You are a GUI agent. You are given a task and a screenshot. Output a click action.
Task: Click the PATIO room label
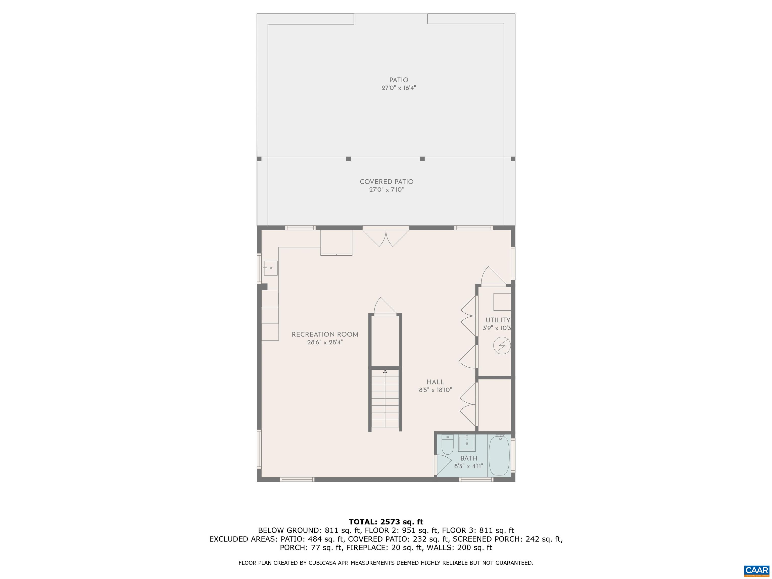tap(399, 80)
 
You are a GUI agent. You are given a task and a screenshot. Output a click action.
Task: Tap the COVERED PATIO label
tap(386, 182)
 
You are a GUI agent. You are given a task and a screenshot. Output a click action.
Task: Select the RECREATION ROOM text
tap(325, 334)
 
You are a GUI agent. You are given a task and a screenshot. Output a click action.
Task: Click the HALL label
tap(435, 382)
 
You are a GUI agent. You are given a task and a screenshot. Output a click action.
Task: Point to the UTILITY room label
tap(497, 320)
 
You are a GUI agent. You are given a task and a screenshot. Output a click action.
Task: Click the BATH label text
tap(468, 458)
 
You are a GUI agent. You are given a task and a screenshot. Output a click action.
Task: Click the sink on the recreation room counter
tap(270, 268)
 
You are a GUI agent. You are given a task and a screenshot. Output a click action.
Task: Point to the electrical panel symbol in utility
tap(502, 346)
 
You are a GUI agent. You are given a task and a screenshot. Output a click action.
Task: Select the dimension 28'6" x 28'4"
tap(325, 342)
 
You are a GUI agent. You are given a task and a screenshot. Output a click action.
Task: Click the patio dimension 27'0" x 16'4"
tap(399, 88)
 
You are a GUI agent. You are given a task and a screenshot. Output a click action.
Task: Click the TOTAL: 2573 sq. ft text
tap(386, 522)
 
